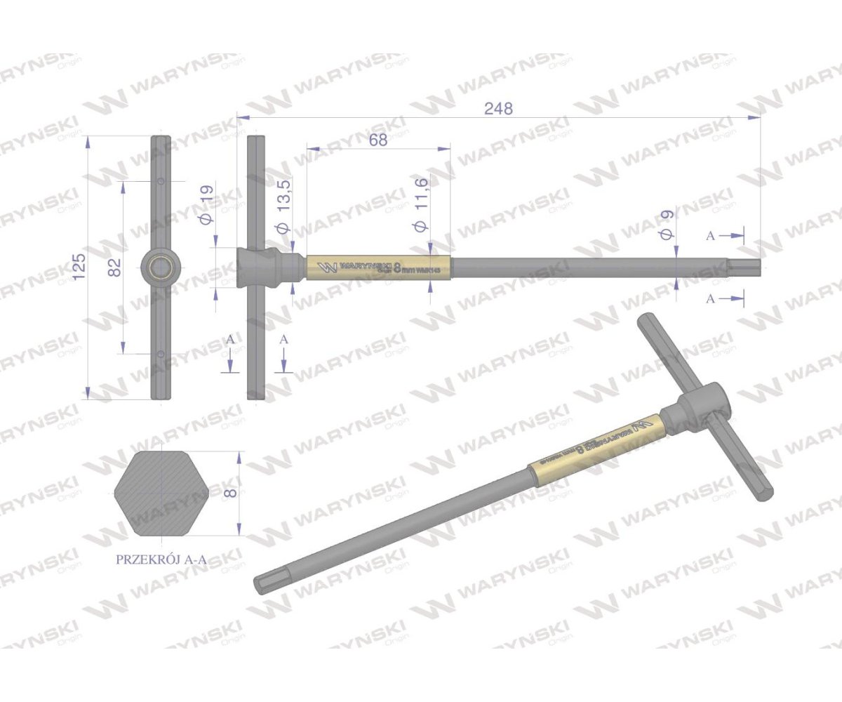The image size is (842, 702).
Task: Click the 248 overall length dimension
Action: tap(499, 109)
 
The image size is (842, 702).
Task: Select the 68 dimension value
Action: tap(377, 140)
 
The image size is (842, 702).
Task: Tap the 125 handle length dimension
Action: tap(79, 267)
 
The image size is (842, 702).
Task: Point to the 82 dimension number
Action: tap(115, 267)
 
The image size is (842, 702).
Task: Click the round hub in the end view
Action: tap(161, 267)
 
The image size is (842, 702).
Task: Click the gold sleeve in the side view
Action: tap(377, 267)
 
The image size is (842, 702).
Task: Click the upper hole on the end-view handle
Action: tap(161, 182)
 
